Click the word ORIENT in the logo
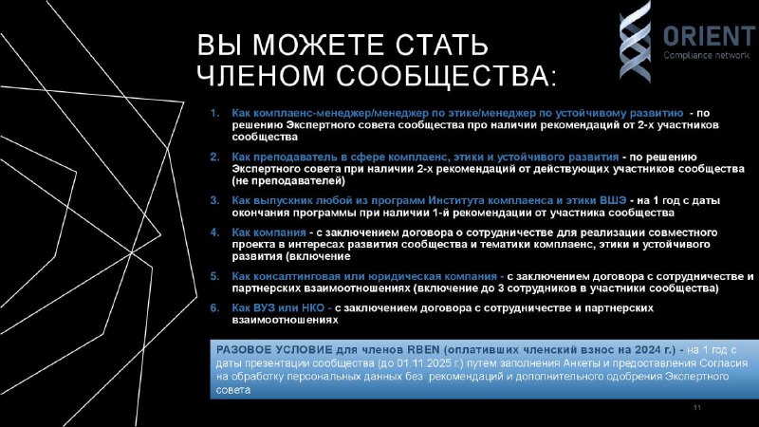pyautogui.click(x=709, y=36)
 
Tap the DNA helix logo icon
pyautogui.click(x=635, y=41)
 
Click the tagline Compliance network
pyautogui.click(x=707, y=55)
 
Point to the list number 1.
pyautogui.click(x=214, y=113)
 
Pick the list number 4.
pyautogui.click(x=214, y=232)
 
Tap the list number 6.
pyautogui.click(x=214, y=307)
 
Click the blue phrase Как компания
pyautogui.click(x=268, y=232)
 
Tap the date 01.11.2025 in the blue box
pyautogui.click(x=422, y=363)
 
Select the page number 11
pyautogui.click(x=697, y=408)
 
